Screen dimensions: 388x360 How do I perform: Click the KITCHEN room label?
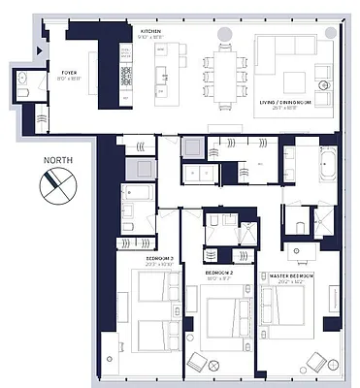pos(150,32)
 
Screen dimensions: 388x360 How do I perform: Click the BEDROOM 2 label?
pos(221,273)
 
